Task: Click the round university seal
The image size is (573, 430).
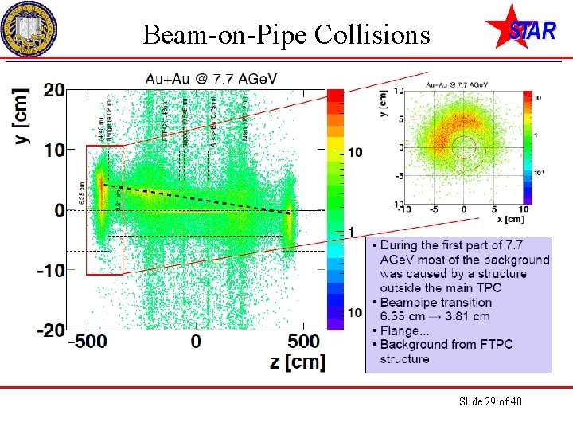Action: (29, 29)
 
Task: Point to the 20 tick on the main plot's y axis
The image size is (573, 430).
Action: (53, 90)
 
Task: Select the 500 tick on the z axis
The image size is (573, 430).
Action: (302, 342)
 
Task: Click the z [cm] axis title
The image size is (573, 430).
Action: (297, 361)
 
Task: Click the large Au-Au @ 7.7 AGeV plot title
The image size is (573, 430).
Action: (212, 80)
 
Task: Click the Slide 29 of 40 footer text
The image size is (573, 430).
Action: (490, 401)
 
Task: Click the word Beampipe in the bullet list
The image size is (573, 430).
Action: (411, 303)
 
